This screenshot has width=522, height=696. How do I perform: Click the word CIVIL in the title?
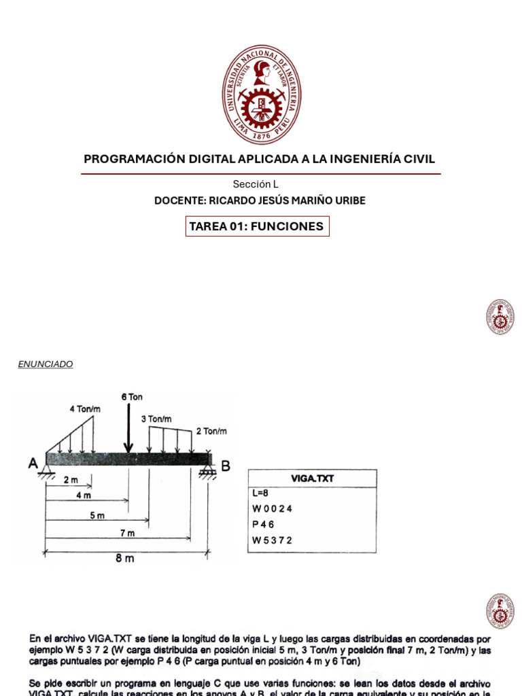click(x=419, y=159)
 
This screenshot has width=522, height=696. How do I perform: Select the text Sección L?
click(x=256, y=184)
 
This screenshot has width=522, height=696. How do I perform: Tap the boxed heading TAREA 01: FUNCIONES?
click(x=257, y=226)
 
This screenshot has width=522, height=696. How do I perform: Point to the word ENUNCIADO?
click(x=46, y=364)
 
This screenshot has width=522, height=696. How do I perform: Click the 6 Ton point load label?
click(x=132, y=397)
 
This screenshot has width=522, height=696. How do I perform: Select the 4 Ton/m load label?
click(x=85, y=409)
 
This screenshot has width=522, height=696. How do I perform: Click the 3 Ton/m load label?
click(x=156, y=419)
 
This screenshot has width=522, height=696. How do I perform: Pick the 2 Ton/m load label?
click(x=211, y=431)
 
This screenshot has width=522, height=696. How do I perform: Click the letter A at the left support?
click(x=33, y=464)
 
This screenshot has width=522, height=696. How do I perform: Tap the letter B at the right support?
click(x=226, y=466)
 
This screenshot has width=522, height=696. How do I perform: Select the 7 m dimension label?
click(x=126, y=533)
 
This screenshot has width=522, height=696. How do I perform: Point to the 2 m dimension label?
click(x=71, y=480)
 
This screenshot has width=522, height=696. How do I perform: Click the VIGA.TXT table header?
click(x=312, y=478)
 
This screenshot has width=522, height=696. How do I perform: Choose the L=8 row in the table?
click(x=261, y=493)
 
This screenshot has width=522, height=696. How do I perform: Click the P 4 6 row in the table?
click(x=264, y=525)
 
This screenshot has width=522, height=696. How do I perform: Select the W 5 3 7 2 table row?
click(x=273, y=540)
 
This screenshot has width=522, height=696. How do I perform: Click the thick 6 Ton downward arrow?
click(x=128, y=429)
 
